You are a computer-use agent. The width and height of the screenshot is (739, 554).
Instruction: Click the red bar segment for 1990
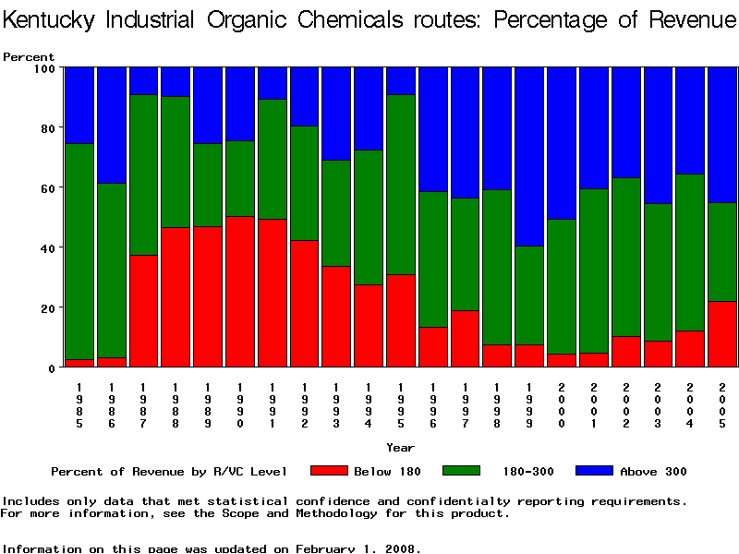(x=241, y=292)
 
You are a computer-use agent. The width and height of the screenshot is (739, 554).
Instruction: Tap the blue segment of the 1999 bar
(x=530, y=157)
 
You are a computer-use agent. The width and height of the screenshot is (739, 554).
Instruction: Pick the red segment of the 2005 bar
(x=723, y=333)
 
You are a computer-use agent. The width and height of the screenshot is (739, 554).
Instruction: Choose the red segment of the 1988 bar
(x=176, y=297)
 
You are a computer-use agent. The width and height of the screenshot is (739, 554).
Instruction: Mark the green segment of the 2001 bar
(x=595, y=271)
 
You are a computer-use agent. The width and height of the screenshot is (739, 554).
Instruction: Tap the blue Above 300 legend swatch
(x=594, y=471)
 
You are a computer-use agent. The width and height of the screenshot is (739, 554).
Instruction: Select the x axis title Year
(x=400, y=448)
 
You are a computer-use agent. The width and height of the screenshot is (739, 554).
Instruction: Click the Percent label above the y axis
(x=29, y=56)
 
